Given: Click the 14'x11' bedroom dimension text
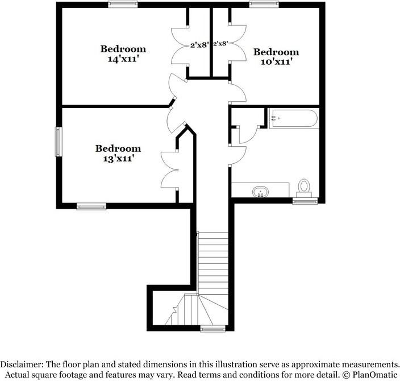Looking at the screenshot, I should coord(123,59).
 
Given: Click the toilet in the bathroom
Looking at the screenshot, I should coord(305,187).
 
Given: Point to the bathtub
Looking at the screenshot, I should coord(294,118).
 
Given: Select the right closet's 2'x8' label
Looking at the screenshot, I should coord(220,43).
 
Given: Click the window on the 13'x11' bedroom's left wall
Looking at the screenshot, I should coord(57,142).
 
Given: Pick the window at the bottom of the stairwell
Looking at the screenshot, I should coord(213,328).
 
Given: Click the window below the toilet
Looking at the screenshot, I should coord(305,201).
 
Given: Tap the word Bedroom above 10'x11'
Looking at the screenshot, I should coord(276,52).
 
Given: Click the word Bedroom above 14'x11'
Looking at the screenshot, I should coord(123,49).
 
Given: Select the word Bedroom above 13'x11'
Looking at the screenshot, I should coord(118,148).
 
